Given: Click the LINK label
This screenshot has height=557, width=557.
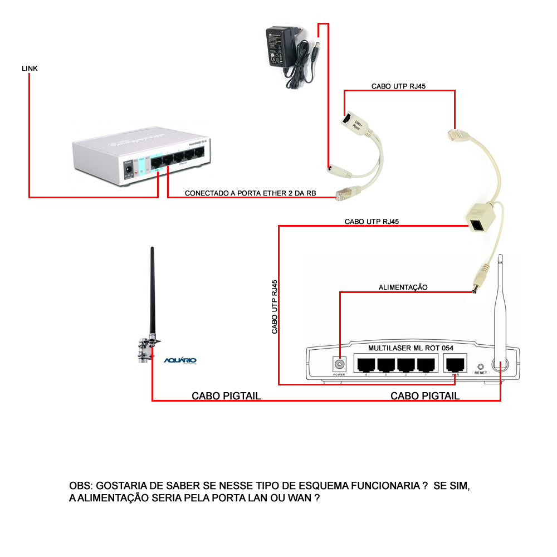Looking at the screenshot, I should [30, 68].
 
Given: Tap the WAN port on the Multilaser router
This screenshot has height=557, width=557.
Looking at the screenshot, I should [455, 364].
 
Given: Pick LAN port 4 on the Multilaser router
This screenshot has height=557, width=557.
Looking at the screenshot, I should [365, 364].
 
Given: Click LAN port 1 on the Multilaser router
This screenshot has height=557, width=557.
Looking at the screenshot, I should [426, 364].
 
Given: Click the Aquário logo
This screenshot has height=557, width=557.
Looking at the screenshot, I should [180, 360].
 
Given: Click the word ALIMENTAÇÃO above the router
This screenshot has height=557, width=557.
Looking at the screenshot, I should [403, 287].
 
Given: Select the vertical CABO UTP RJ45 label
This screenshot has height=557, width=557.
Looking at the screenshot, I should [275, 306].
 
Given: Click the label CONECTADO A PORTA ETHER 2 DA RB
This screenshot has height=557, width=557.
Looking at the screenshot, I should [251, 194].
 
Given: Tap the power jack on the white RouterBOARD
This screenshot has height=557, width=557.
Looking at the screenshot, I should [129, 165].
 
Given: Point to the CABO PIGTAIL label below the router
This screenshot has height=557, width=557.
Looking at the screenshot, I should [425, 396].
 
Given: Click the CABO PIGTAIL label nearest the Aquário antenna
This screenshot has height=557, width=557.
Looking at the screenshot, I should [226, 396].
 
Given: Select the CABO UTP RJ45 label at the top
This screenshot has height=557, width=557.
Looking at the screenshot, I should [399, 86].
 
